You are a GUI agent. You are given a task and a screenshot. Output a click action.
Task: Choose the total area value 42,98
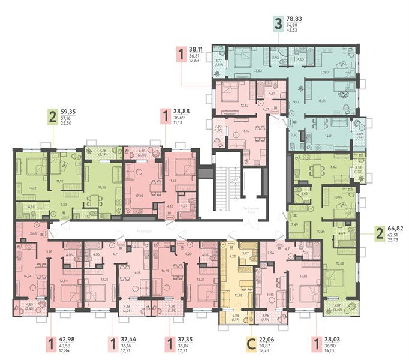coord(67,338)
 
